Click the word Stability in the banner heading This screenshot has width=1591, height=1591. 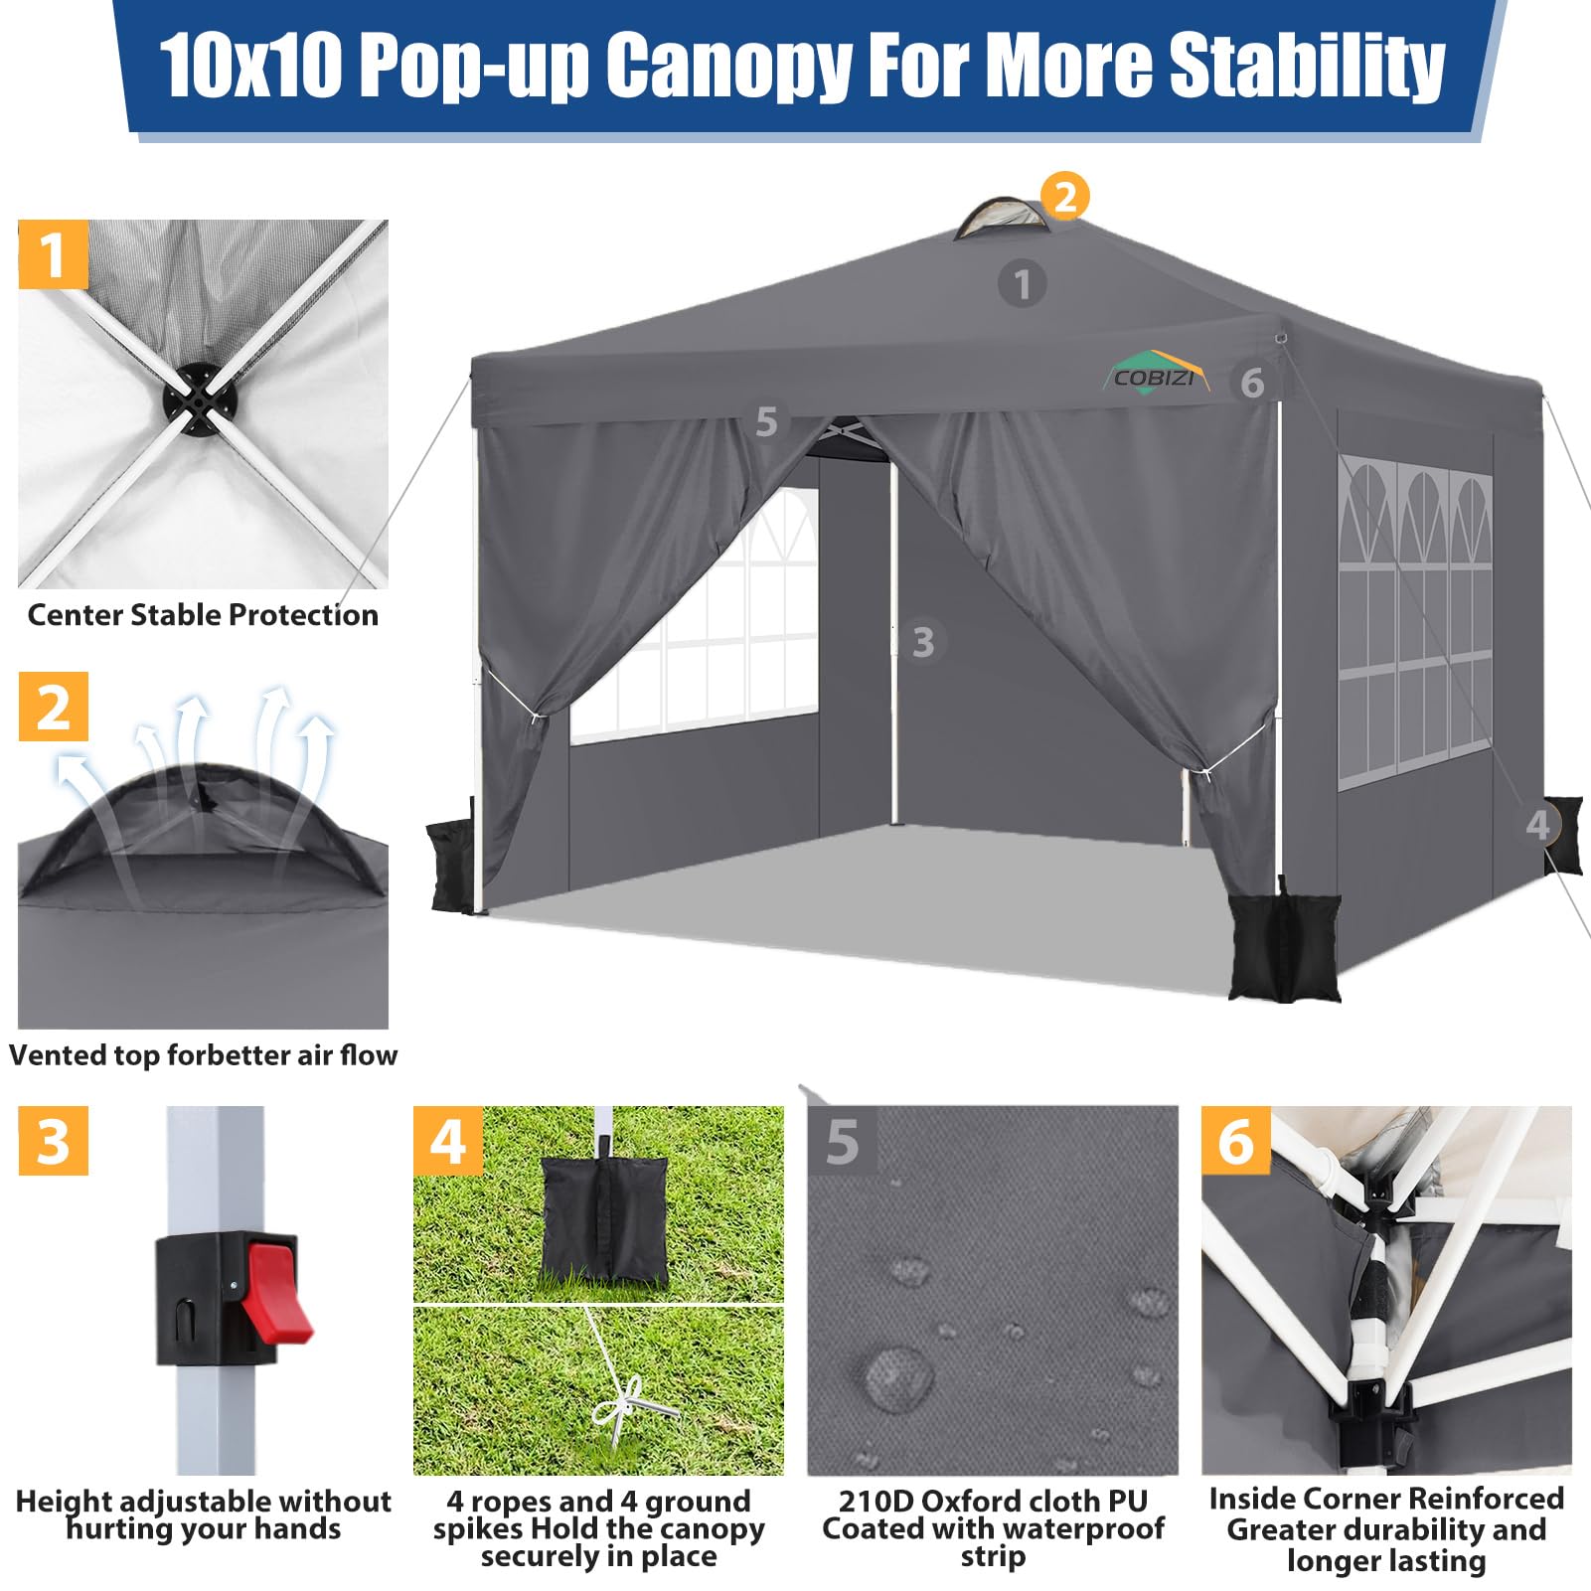(x=1306, y=65)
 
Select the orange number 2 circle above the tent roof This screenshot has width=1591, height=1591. (x=1065, y=196)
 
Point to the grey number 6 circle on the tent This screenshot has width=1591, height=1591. (x=1252, y=383)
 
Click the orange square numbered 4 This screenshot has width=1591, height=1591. (x=448, y=1140)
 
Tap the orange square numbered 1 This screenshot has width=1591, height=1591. (x=54, y=254)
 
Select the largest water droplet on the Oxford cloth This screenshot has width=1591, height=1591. (x=898, y=1376)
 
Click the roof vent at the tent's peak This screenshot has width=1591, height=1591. (x=1002, y=218)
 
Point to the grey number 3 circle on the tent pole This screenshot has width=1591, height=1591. (x=923, y=642)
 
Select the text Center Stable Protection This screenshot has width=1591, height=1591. (x=203, y=615)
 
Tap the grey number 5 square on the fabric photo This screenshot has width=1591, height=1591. (x=842, y=1141)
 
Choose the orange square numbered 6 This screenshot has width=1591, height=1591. (x=1236, y=1140)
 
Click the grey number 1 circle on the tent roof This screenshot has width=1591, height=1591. (x=1022, y=284)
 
